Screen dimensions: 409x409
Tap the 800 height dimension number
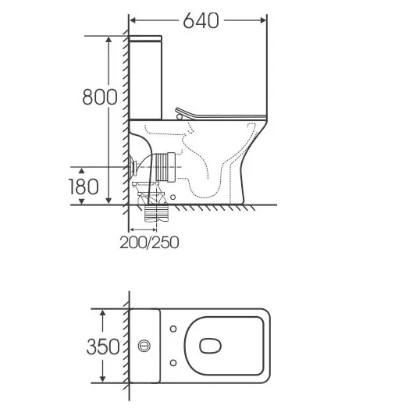click(100, 97)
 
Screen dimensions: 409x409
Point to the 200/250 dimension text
click(149, 242)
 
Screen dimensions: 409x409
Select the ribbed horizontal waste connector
click(162, 166)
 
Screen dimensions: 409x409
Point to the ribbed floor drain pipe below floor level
click(157, 212)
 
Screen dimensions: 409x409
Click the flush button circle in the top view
click(144, 345)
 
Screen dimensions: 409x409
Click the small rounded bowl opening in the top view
click(211, 345)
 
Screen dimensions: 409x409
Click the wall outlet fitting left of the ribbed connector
click(135, 165)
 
